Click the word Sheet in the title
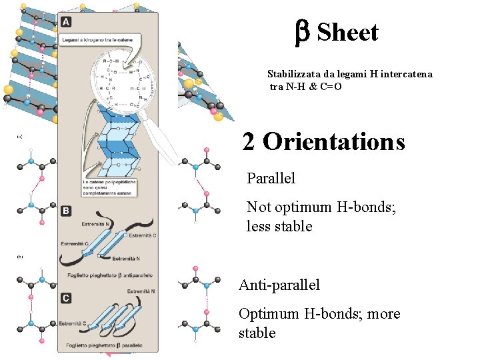coord(347,32)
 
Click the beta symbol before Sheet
coord(301,32)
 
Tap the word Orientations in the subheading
coord(333,141)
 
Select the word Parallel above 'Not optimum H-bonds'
coord(271,179)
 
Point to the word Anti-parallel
coord(279,285)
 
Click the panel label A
coord(66,22)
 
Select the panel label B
coord(66,211)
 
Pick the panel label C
coord(66,298)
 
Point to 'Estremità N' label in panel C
coord(141,291)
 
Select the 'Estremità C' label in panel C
coord(73,323)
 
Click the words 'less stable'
coord(279,227)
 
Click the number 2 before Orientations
coord(249,141)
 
